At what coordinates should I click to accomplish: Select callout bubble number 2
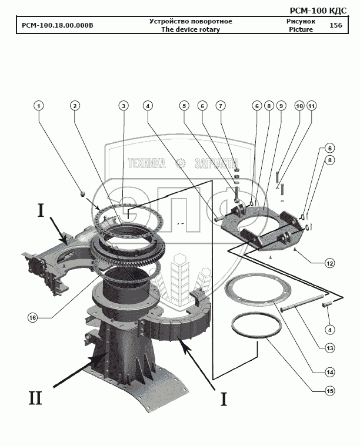[75, 106]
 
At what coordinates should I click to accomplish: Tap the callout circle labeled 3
[123, 106]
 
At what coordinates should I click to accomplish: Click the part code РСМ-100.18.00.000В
[57, 25]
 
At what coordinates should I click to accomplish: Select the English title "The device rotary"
[190, 29]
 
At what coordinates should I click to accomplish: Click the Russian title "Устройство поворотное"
[190, 21]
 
